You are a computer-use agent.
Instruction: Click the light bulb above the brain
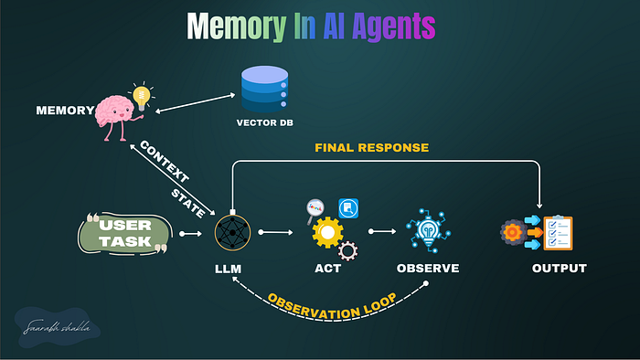(x=141, y=95)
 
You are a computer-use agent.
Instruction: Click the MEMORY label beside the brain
(x=65, y=111)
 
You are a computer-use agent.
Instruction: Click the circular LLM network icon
(x=232, y=233)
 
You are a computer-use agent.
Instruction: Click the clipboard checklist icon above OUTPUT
(x=557, y=234)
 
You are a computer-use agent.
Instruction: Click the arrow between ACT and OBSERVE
(x=379, y=233)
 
